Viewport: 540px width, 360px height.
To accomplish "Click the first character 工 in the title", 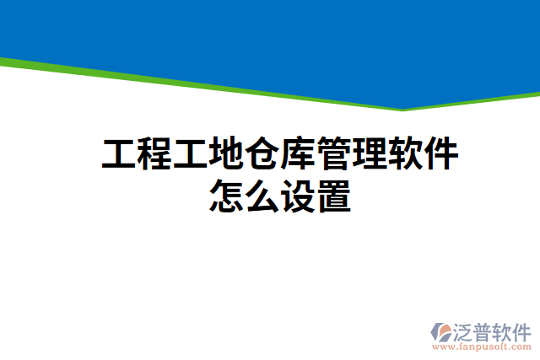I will [x=119, y=156].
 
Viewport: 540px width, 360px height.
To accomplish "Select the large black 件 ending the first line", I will [x=444, y=156].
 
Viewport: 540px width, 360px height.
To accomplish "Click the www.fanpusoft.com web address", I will [x=481, y=346].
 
